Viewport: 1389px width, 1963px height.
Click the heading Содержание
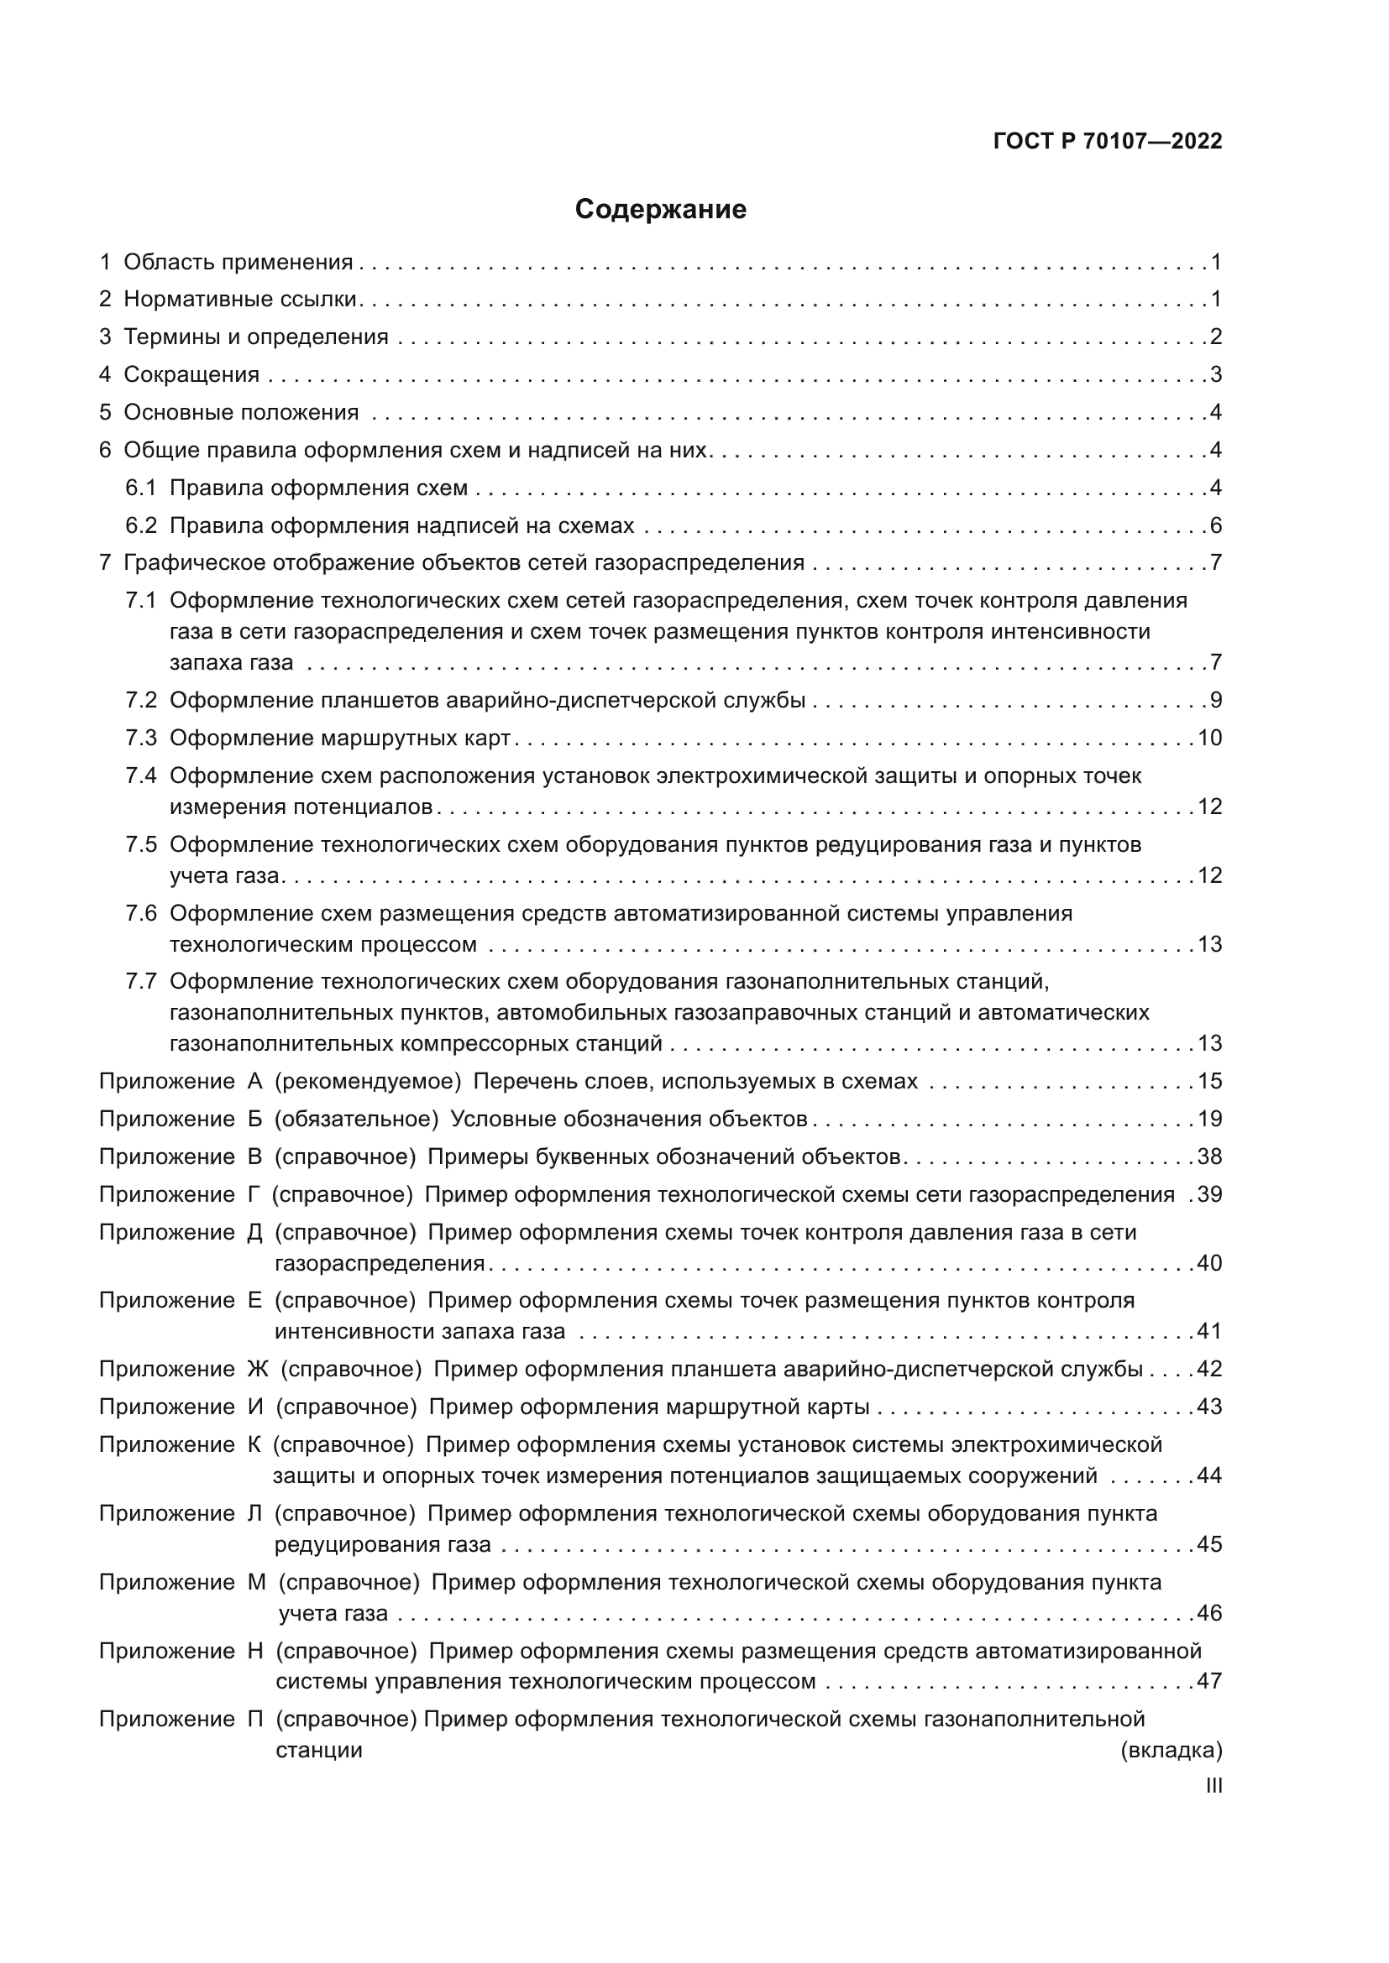660,210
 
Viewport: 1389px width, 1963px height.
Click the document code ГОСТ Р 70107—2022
1108,141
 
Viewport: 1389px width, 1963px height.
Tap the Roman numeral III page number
1213,1786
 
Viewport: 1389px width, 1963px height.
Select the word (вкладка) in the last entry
1171,1750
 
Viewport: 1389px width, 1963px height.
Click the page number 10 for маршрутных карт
1209,738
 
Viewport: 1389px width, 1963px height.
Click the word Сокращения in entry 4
191,374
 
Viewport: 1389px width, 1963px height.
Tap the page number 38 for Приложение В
1209,1156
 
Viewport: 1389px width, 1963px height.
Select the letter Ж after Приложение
258,1369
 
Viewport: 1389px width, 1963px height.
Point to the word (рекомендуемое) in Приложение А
368,1082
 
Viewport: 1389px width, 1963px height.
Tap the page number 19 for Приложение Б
1209,1120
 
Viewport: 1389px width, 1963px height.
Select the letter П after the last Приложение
256,1719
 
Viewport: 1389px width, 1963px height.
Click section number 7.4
141,776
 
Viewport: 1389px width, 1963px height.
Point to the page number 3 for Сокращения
1215,374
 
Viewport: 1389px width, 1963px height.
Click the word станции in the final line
319,1750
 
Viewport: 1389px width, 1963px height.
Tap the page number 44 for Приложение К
1209,1475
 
